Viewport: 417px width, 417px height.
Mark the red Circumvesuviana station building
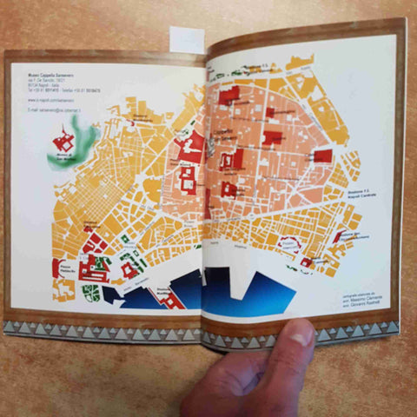point(336,235)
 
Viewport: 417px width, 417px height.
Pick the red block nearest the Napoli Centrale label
point(322,156)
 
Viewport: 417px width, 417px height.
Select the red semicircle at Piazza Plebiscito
point(93,240)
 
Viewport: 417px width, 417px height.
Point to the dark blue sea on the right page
point(252,291)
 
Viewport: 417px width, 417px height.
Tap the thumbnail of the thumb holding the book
point(301,334)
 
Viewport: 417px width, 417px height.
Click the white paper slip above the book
point(187,38)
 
